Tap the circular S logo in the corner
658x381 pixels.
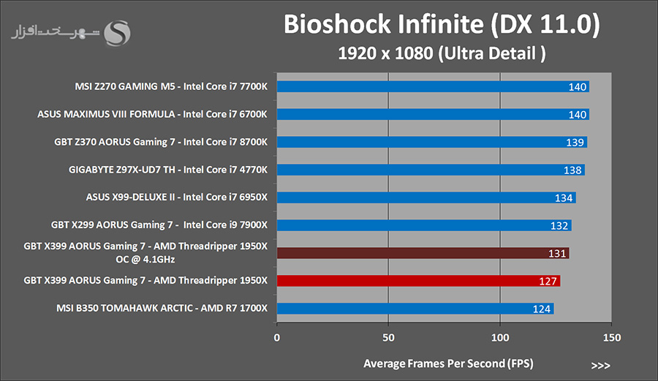pos(118,32)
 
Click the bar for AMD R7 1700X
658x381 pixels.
pos(415,309)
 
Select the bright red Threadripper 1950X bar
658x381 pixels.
pos(417,281)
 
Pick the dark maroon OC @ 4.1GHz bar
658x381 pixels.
pos(422,253)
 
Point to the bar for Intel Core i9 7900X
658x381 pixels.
pos(423,225)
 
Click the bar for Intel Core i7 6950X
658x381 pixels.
pos(426,197)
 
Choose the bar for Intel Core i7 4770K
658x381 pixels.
pos(430,170)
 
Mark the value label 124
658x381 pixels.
pos(542,309)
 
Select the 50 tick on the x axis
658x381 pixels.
pos(388,338)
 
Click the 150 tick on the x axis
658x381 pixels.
pos(612,338)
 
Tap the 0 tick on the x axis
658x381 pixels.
pos(276,338)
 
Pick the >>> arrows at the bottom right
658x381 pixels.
pos(600,364)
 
